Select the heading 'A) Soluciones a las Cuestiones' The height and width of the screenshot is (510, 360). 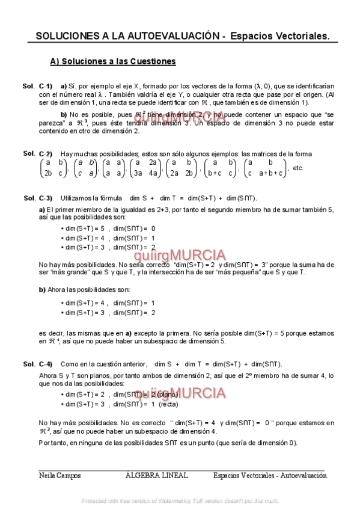113,61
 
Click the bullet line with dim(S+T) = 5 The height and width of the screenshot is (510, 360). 108,229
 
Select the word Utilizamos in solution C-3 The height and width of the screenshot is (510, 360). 76,198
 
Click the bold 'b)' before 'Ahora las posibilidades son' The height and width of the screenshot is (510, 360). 42,289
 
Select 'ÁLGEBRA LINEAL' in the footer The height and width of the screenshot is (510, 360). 156,475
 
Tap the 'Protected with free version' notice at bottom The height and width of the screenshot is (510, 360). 180,500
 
